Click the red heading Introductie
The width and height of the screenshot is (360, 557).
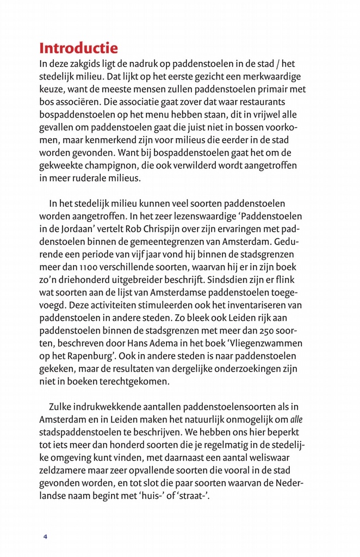pyautogui.click(x=78, y=47)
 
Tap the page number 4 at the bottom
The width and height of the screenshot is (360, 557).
pyautogui.click(x=46, y=536)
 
